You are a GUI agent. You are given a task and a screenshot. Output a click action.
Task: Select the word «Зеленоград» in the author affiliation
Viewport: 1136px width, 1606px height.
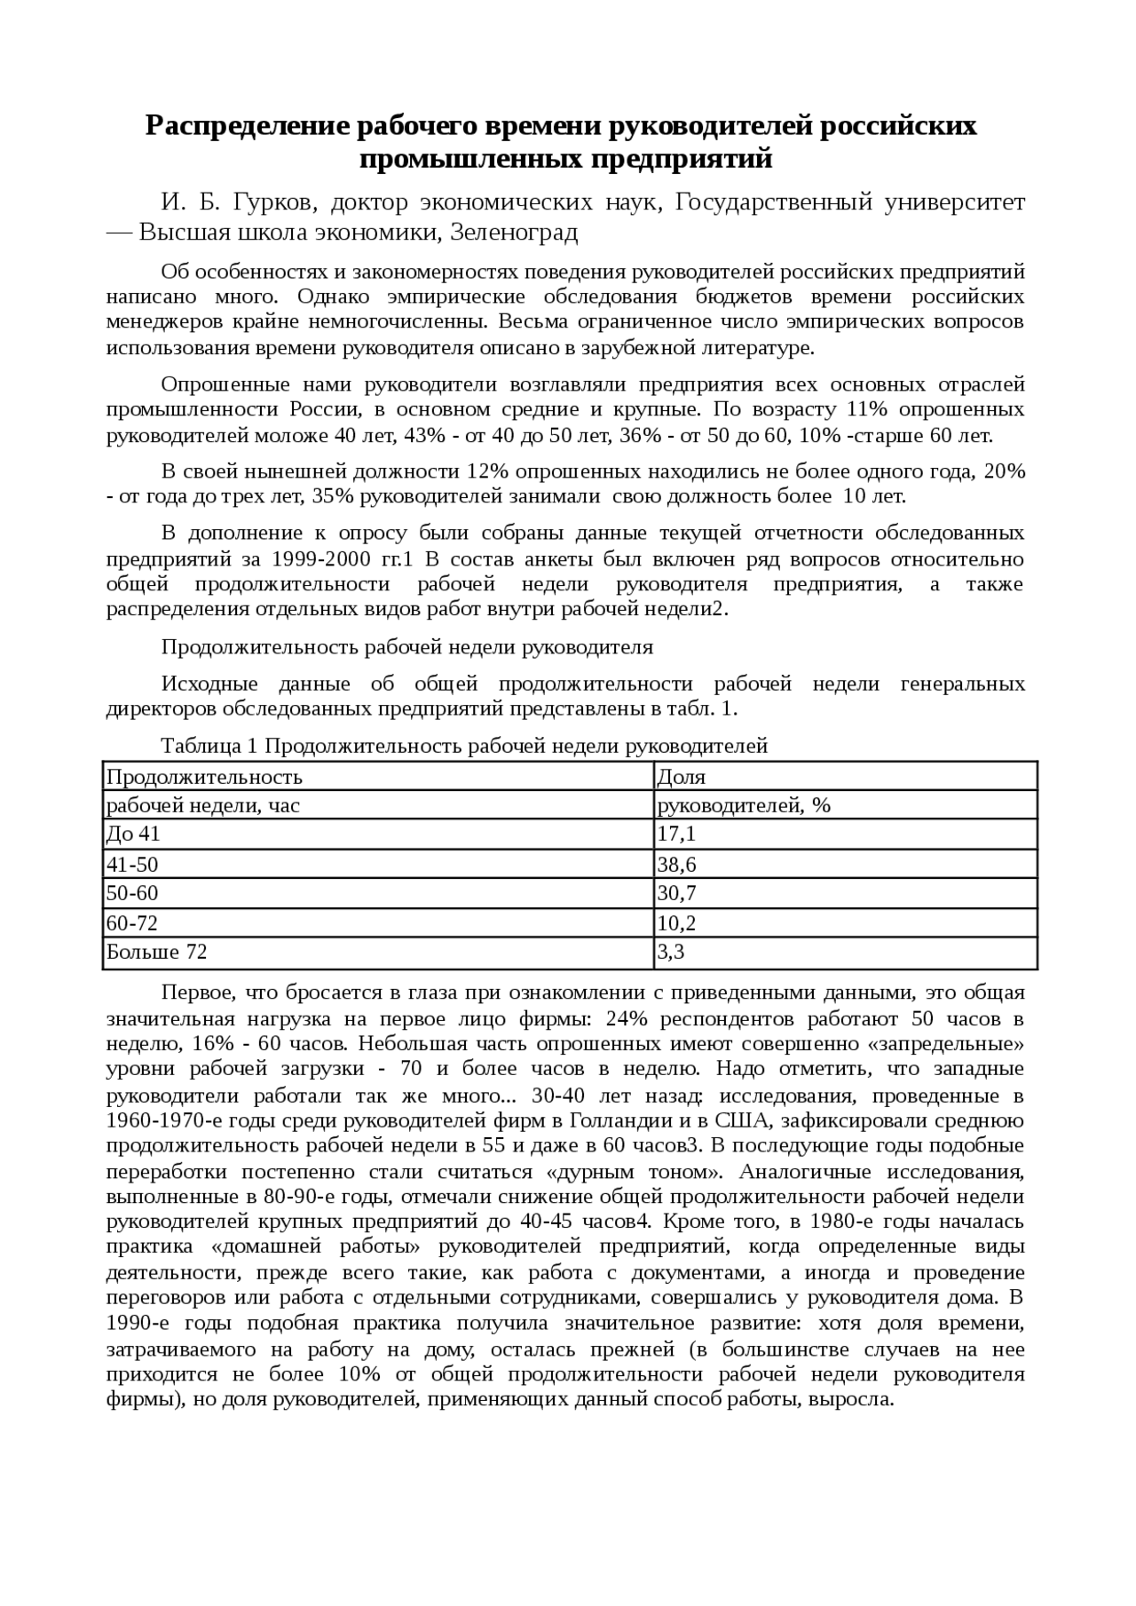pyautogui.click(x=515, y=233)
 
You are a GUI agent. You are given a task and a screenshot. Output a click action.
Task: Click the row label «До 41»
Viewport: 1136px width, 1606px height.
pyautogui.click(x=133, y=834)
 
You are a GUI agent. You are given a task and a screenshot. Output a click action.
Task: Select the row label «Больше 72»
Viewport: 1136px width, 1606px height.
pyautogui.click(x=157, y=953)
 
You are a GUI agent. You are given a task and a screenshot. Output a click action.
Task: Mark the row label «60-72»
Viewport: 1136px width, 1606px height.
pyautogui.click(x=132, y=923)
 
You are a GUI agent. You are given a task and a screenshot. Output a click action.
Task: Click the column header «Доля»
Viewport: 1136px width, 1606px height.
pyautogui.click(x=681, y=777)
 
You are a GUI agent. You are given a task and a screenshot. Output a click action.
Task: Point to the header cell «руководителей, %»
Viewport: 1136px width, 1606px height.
pyautogui.click(x=744, y=805)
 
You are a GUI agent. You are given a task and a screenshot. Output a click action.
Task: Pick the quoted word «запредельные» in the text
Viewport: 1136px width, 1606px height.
pyautogui.click(x=949, y=1043)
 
